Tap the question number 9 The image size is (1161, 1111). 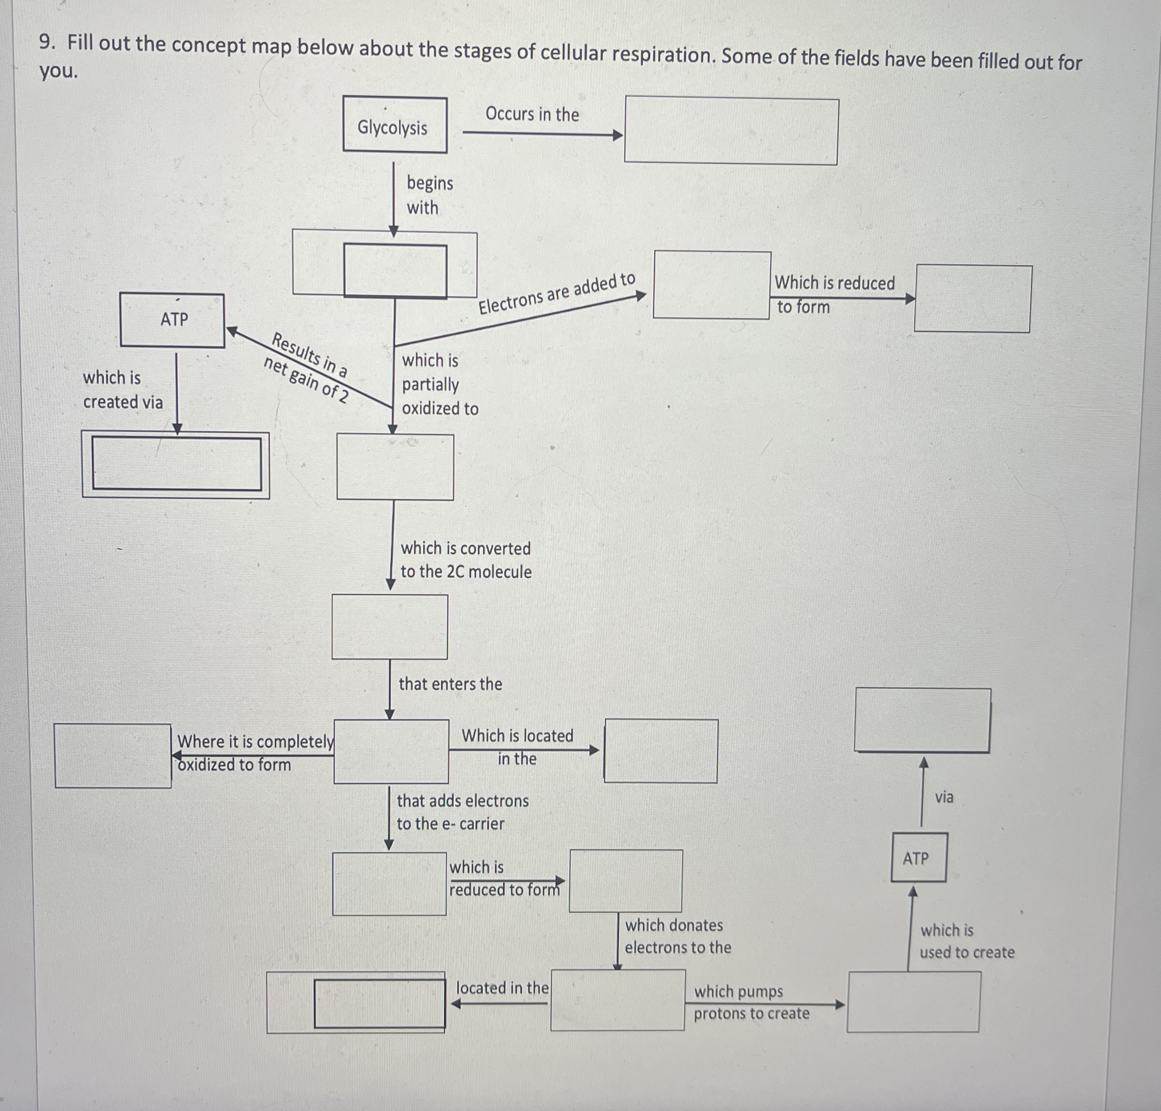pyautogui.click(x=48, y=42)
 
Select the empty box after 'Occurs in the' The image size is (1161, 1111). pyautogui.click(x=731, y=131)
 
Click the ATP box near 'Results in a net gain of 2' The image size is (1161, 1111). pyautogui.click(x=172, y=320)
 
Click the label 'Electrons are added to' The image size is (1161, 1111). pyautogui.click(x=556, y=294)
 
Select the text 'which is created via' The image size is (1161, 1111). pyautogui.click(x=122, y=390)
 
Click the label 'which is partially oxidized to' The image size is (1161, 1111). pyautogui.click(x=439, y=385)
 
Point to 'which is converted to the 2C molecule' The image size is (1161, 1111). pyautogui.click(x=466, y=560)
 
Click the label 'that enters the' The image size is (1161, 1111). pyautogui.click(x=450, y=684)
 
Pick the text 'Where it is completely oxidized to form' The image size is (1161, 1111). pyautogui.click(x=255, y=753)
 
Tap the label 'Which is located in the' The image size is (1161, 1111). pyautogui.click(x=517, y=747)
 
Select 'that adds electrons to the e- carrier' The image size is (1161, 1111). pyautogui.click(x=462, y=812)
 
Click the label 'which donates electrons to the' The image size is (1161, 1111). pyautogui.click(x=677, y=936)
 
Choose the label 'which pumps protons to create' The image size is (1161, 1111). pyautogui.click(x=750, y=1002)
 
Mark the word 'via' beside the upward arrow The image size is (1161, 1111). pyautogui.click(x=944, y=797)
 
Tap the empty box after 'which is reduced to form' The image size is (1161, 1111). pyautogui.click(x=625, y=881)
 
